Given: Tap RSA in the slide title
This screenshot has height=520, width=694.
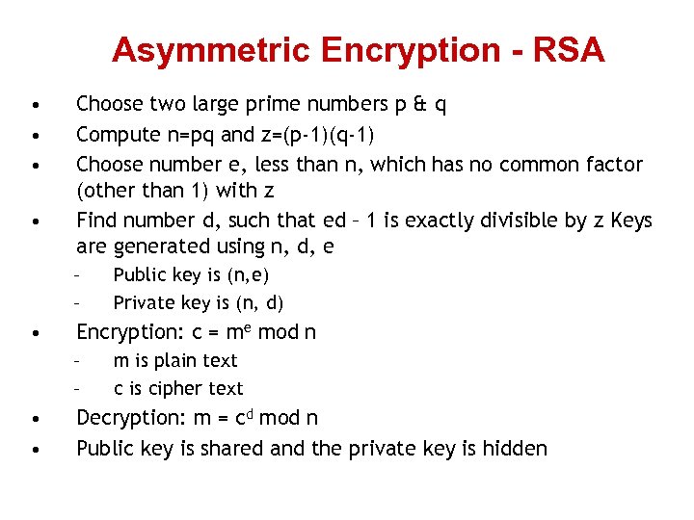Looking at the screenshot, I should (569, 50).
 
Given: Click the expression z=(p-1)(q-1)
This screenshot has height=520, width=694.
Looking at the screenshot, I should (319, 134).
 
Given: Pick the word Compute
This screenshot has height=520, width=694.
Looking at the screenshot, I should (114, 134).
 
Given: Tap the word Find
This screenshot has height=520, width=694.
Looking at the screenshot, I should (96, 221).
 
